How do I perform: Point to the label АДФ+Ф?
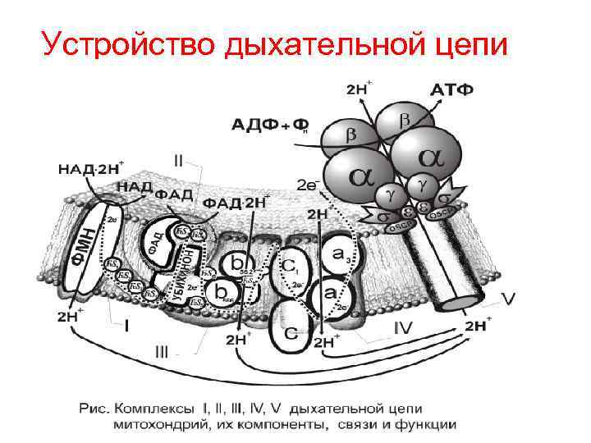click(x=269, y=124)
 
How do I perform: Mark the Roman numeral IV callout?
click(x=401, y=328)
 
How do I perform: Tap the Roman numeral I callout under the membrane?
click(x=127, y=324)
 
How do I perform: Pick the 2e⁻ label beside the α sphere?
click(x=307, y=185)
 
